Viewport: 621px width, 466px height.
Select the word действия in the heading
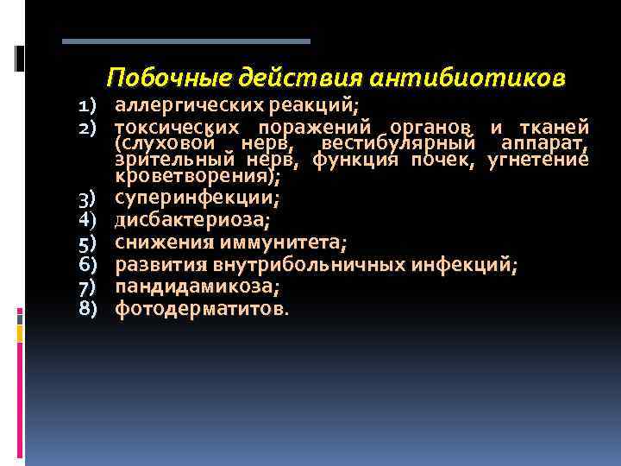[298, 79]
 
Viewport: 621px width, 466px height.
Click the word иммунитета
[275, 241]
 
